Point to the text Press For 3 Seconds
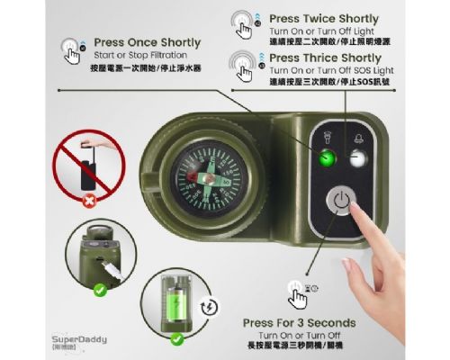(299, 322)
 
